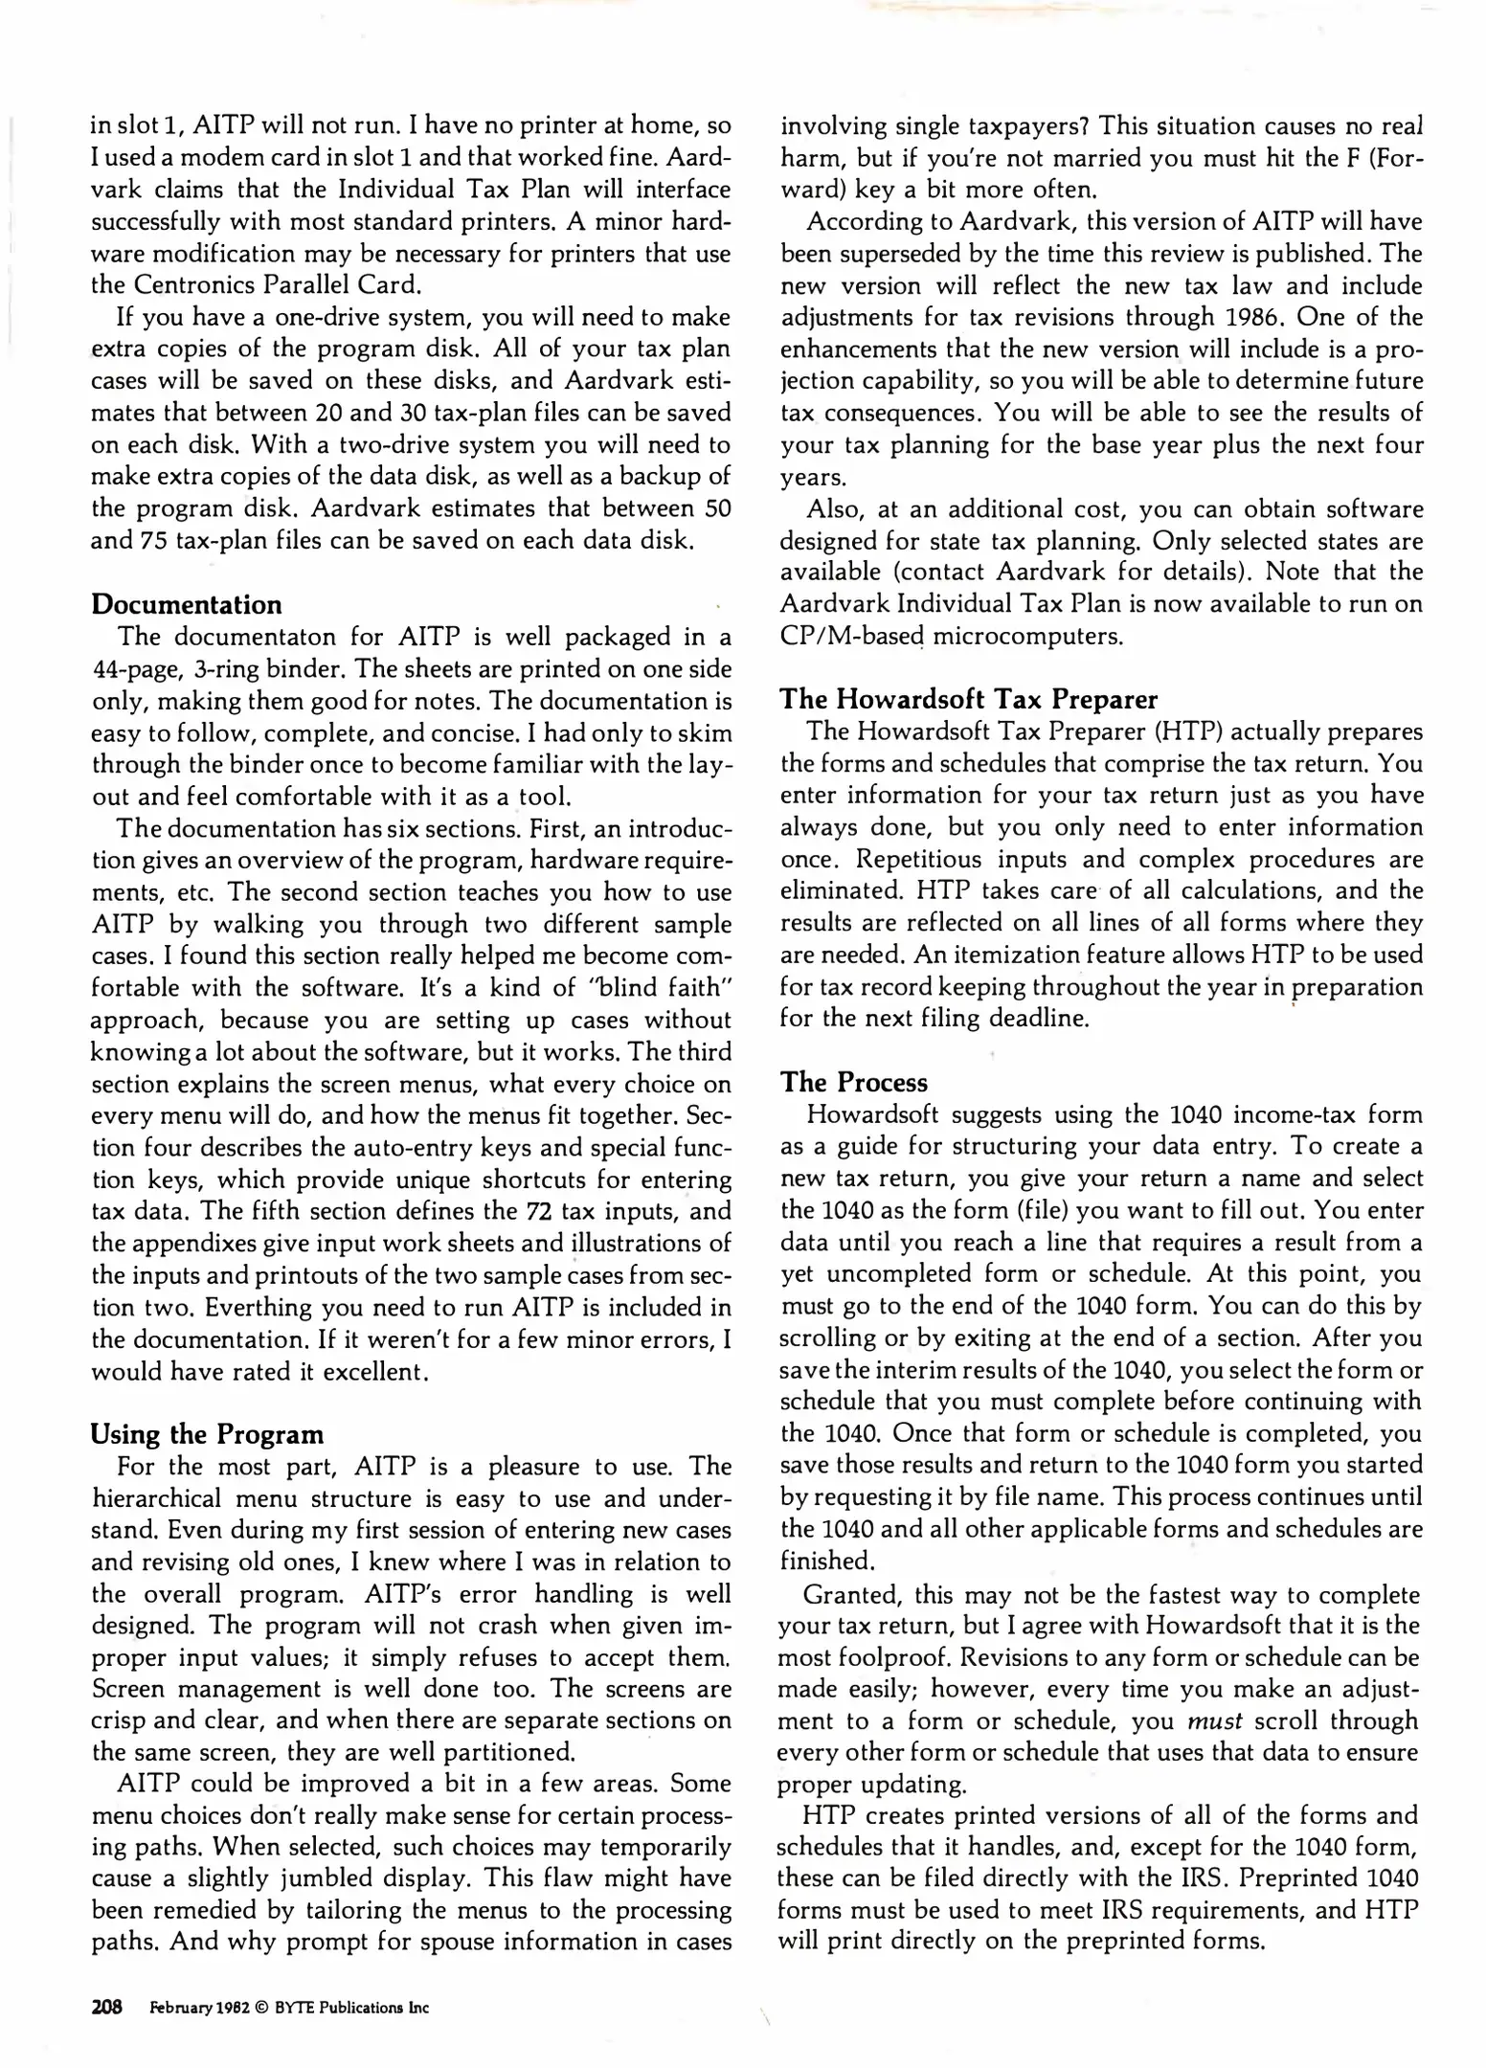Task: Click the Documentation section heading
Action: click(x=187, y=605)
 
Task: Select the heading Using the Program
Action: click(x=207, y=1434)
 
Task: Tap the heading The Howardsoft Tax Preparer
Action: click(x=969, y=699)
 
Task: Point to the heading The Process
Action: click(x=854, y=1082)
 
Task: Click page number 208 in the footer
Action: click(x=107, y=2008)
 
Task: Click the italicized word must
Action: click(x=1214, y=1720)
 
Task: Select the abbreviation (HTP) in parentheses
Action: click(x=1185, y=731)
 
